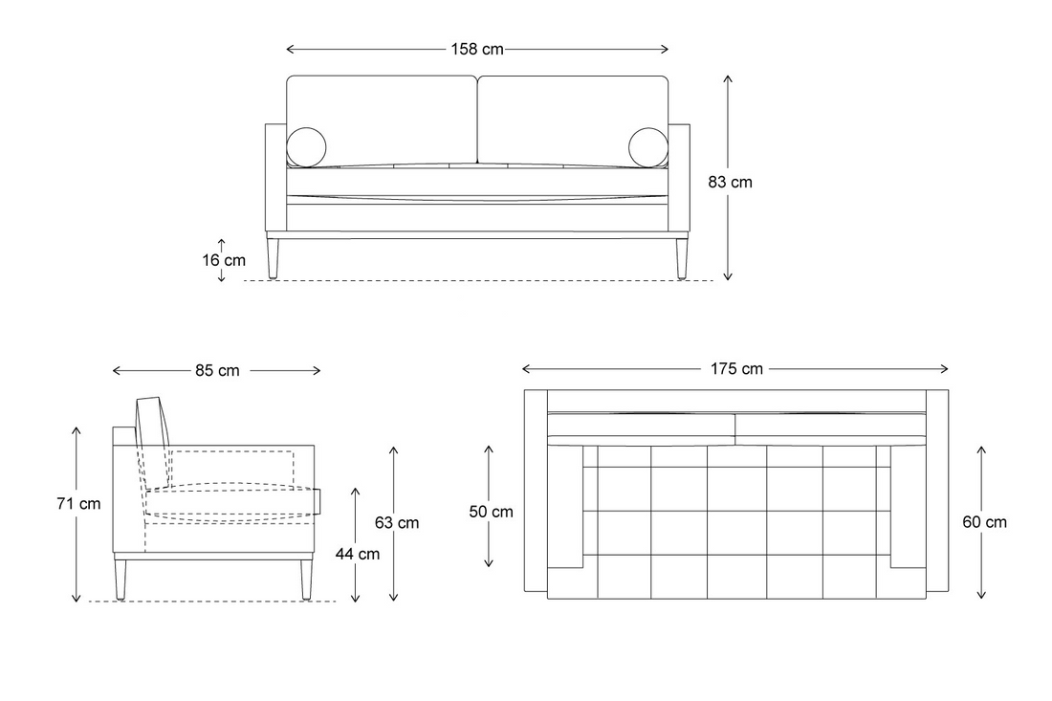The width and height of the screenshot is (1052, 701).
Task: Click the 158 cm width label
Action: click(477, 49)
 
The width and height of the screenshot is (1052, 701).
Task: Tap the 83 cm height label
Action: click(730, 182)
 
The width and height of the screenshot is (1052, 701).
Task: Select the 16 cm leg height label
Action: click(224, 260)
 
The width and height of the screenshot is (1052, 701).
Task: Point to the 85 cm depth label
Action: click(217, 370)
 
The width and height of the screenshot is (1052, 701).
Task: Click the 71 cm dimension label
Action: click(78, 503)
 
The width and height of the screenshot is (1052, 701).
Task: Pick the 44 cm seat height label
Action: click(358, 554)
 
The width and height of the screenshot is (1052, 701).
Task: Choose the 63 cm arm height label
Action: click(397, 522)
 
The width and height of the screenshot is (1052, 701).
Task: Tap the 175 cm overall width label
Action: click(736, 369)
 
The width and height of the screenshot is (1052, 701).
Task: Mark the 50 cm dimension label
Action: click(492, 512)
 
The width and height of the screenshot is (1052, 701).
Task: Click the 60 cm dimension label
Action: click(984, 522)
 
